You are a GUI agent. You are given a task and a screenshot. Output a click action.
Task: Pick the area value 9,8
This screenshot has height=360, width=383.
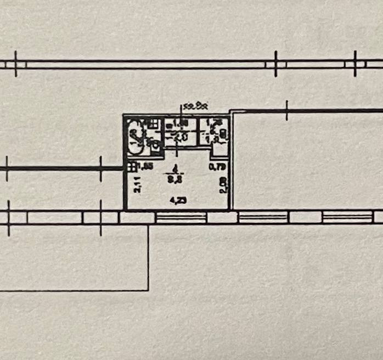pyautogui.click(x=175, y=178)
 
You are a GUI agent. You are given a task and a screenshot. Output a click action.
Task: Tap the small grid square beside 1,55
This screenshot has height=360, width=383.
pyautogui.click(x=132, y=165)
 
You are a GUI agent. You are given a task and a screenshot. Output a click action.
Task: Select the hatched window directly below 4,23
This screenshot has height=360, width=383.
pyautogui.click(x=181, y=218)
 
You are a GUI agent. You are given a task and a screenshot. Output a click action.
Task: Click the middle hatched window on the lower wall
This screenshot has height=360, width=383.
pyautogui.click(x=263, y=218)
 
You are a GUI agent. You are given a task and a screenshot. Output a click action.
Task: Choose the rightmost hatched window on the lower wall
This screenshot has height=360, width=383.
pyautogui.click(x=346, y=217)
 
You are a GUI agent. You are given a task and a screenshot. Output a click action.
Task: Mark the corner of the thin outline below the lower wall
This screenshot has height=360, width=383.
pyautogui.click(x=148, y=289)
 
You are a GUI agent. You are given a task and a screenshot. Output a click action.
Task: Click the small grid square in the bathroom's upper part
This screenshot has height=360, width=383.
pyautogui.click(x=151, y=123)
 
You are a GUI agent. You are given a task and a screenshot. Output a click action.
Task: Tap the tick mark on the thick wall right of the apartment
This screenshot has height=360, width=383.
pyautogui.click(x=287, y=111)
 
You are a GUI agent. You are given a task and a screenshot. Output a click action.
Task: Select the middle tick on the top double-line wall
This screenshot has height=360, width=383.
pyautogui.click(x=275, y=64)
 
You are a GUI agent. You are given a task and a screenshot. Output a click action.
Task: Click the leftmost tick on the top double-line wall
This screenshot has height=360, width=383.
pyautogui.click(x=16, y=64)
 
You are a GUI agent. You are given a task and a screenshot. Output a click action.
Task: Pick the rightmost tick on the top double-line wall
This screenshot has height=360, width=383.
pyautogui.click(x=356, y=64)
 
